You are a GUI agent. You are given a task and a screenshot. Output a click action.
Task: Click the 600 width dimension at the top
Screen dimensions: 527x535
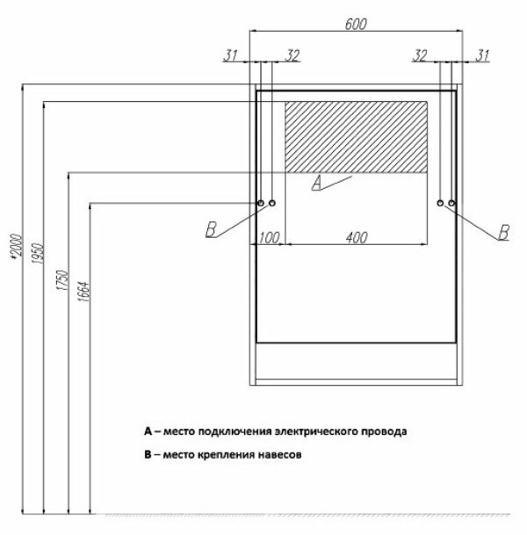click(355, 25)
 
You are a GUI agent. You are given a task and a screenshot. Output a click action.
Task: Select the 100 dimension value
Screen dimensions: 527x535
click(269, 237)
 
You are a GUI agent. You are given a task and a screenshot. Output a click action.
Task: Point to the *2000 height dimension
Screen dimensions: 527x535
click(13, 249)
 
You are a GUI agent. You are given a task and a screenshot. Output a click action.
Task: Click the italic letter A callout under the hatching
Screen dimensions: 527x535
click(316, 183)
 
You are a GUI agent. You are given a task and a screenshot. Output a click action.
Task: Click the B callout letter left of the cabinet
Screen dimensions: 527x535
click(211, 231)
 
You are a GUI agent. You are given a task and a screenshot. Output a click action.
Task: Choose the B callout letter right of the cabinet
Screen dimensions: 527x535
click(503, 233)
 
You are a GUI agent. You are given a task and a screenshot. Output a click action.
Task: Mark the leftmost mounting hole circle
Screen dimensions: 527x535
click(261, 204)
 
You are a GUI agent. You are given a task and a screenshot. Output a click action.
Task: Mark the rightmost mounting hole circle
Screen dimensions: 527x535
click(451, 204)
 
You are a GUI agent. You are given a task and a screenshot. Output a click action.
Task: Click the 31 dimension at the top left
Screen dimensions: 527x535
click(231, 56)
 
